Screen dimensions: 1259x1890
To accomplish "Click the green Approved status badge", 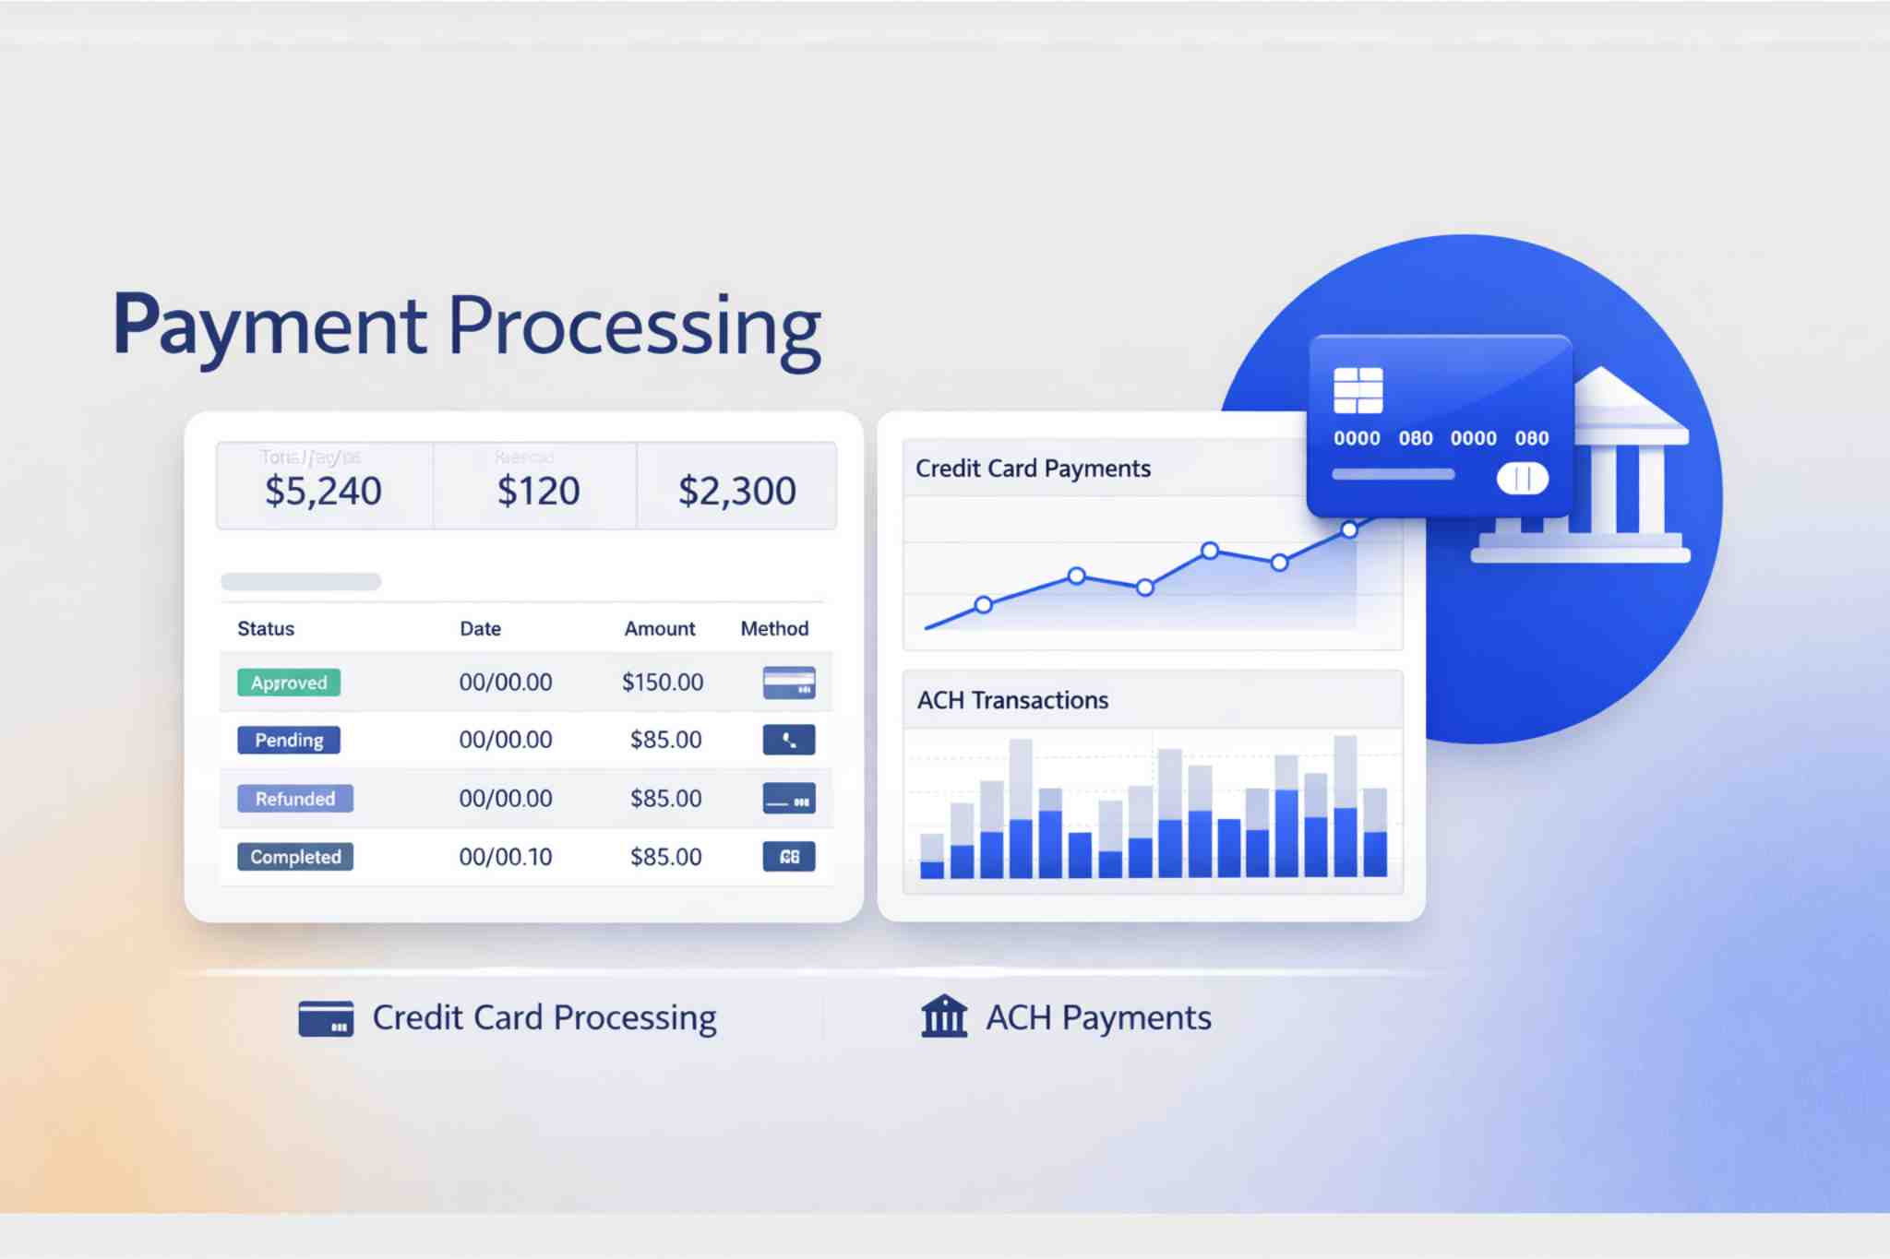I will tap(289, 683).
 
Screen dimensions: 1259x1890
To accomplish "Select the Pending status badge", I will tap(289, 740).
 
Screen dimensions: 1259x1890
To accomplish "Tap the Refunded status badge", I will tap(295, 799).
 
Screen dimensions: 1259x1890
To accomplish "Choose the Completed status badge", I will tap(295, 857).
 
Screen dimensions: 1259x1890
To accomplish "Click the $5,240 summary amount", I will tap(323, 491).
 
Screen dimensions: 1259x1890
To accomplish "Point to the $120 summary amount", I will tap(538, 491).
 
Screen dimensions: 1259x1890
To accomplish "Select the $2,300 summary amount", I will tap(736, 491).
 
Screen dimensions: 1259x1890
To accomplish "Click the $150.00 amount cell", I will tap(663, 683).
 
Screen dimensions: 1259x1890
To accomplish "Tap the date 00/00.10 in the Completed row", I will tap(506, 857).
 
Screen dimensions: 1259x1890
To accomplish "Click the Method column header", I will tap(774, 629).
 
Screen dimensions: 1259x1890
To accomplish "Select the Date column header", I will tap(480, 629).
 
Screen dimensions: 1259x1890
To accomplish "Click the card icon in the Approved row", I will tap(789, 683).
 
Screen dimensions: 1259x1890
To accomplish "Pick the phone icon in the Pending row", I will tap(789, 740).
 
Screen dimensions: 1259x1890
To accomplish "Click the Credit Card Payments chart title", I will tap(1033, 469).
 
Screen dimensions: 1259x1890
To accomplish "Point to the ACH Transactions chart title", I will tap(1012, 700).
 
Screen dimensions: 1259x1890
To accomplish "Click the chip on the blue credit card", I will tap(1358, 390).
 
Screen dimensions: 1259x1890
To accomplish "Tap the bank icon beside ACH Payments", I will tap(944, 1016).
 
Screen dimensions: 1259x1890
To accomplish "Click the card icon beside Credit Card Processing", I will tap(326, 1018).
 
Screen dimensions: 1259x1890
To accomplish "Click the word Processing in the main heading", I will tap(635, 327).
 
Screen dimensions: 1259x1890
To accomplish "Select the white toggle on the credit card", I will tap(1523, 478).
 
